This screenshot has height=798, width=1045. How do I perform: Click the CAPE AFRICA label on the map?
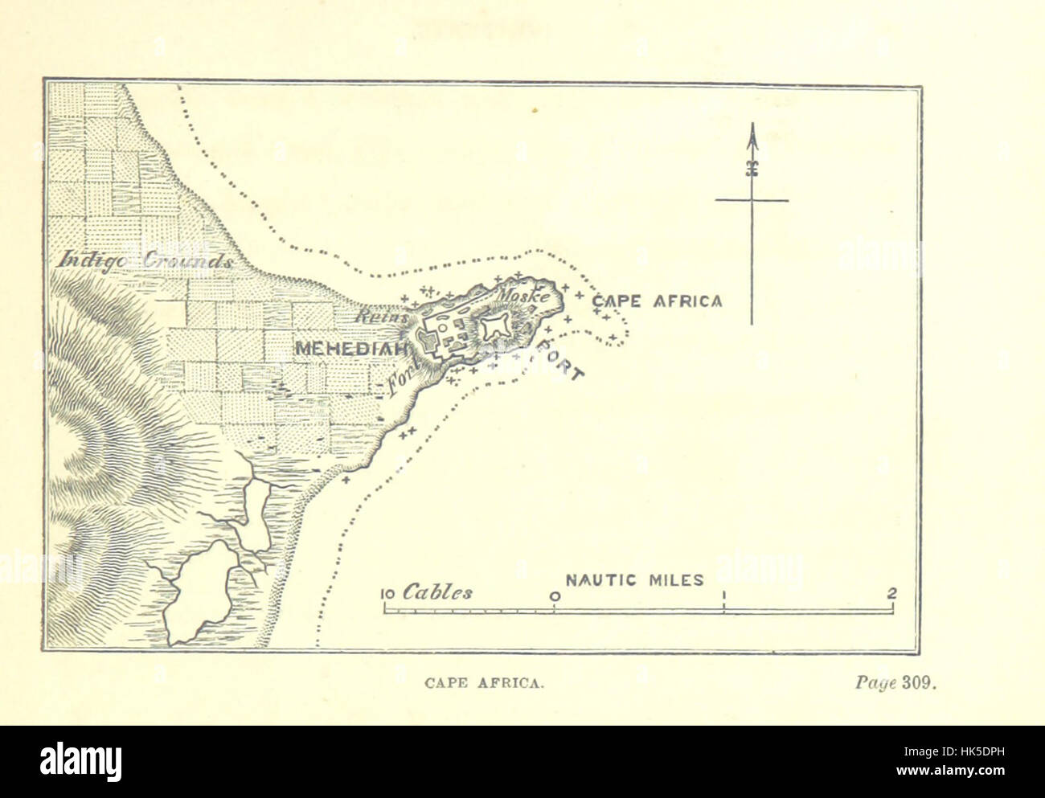tap(657, 301)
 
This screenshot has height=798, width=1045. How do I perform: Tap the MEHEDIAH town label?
tap(351, 348)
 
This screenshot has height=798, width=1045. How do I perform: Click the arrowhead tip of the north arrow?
tap(752, 127)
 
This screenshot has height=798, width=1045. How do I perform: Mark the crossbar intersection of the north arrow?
tap(752, 200)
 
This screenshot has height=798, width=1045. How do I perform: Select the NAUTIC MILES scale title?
tap(635, 579)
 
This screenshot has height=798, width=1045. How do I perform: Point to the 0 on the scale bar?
tap(555, 596)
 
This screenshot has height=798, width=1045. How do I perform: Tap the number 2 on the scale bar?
tap(891, 594)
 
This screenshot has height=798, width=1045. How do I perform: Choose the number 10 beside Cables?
tap(387, 595)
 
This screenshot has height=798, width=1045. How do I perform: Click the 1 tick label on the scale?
tap(723, 596)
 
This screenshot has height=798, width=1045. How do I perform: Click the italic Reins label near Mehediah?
tap(374, 317)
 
